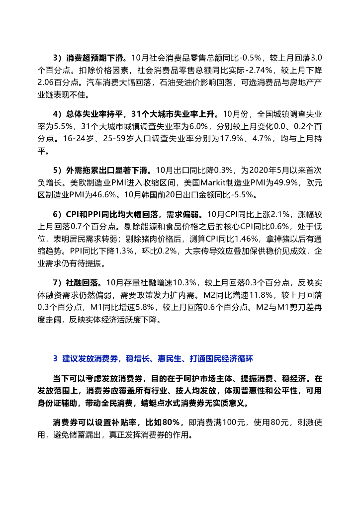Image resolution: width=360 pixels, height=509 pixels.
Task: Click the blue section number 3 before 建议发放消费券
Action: (55, 358)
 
